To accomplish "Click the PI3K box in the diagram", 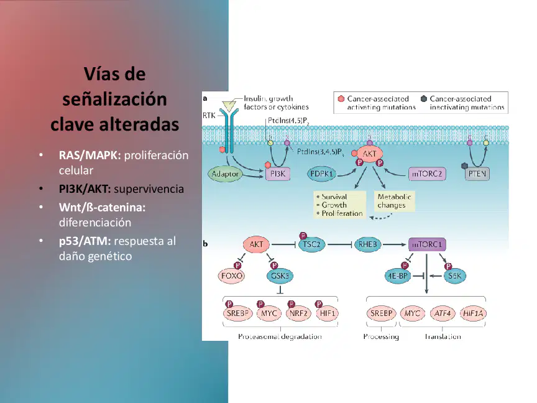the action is coord(278,174).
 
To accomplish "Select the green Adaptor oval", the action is coord(225,174).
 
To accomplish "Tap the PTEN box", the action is coord(477,174).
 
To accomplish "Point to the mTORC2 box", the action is coord(427,174).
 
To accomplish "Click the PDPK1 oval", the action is coord(321,174).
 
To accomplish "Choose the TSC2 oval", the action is coord(311,244).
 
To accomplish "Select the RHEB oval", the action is coord(367,244).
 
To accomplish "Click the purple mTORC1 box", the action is coord(427,244).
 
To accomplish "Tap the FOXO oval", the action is coord(231,276).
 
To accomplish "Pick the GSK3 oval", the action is coord(280,276).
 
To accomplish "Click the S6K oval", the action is coord(455,276).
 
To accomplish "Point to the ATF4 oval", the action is coord(442,313).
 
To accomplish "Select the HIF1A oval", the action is coord(473,313).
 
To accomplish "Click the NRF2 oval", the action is coord(298,313).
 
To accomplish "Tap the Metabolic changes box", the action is coord(394,201).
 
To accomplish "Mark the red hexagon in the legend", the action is coord(341,99).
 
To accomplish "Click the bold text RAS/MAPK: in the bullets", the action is coord(89,155).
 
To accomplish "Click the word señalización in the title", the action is coord(114,99).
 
